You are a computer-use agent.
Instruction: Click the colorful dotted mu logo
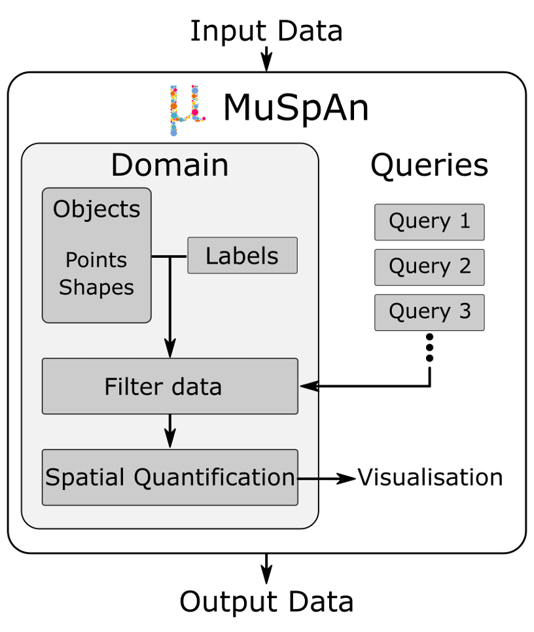(x=185, y=111)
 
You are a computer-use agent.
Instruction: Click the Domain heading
(x=169, y=165)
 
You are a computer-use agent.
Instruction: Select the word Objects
(x=96, y=209)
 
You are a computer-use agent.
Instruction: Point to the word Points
(x=96, y=260)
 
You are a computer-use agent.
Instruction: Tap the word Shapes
(x=96, y=288)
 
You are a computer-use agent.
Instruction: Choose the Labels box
(x=242, y=256)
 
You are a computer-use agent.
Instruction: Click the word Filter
(x=132, y=387)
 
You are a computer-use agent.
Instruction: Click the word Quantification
(x=214, y=478)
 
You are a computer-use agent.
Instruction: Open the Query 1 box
(x=429, y=222)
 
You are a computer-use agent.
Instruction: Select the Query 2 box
(x=429, y=267)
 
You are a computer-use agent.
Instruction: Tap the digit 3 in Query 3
(x=465, y=311)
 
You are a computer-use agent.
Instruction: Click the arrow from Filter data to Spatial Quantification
(x=170, y=431)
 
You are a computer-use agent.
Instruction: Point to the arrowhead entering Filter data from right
(x=309, y=386)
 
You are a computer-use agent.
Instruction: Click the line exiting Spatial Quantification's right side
(x=308, y=478)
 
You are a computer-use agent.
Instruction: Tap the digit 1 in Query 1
(x=465, y=221)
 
